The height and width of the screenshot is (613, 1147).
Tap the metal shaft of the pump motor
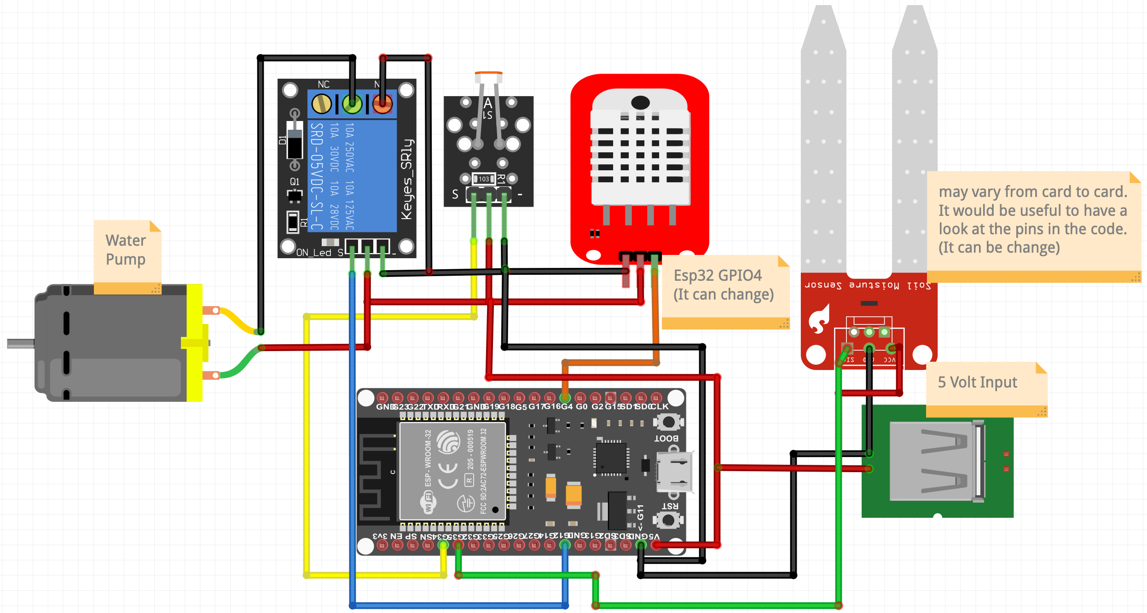[x=20, y=343]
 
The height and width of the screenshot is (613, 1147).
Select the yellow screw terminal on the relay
[x=321, y=104]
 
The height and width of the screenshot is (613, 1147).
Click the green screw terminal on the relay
[x=352, y=104]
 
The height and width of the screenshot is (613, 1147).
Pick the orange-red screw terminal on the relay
[x=382, y=104]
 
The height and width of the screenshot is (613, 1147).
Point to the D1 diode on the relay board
[x=295, y=140]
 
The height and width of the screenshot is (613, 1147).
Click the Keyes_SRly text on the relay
[x=407, y=179]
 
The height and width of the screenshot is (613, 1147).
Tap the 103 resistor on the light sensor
[x=484, y=179]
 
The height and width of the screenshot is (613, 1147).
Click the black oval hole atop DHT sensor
[x=640, y=102]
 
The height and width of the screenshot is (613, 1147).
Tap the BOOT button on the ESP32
[x=668, y=422]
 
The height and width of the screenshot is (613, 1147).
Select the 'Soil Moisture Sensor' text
[x=868, y=286]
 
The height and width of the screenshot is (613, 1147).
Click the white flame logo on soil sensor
[x=819, y=318]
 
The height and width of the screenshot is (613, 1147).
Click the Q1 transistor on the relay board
[x=295, y=196]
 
